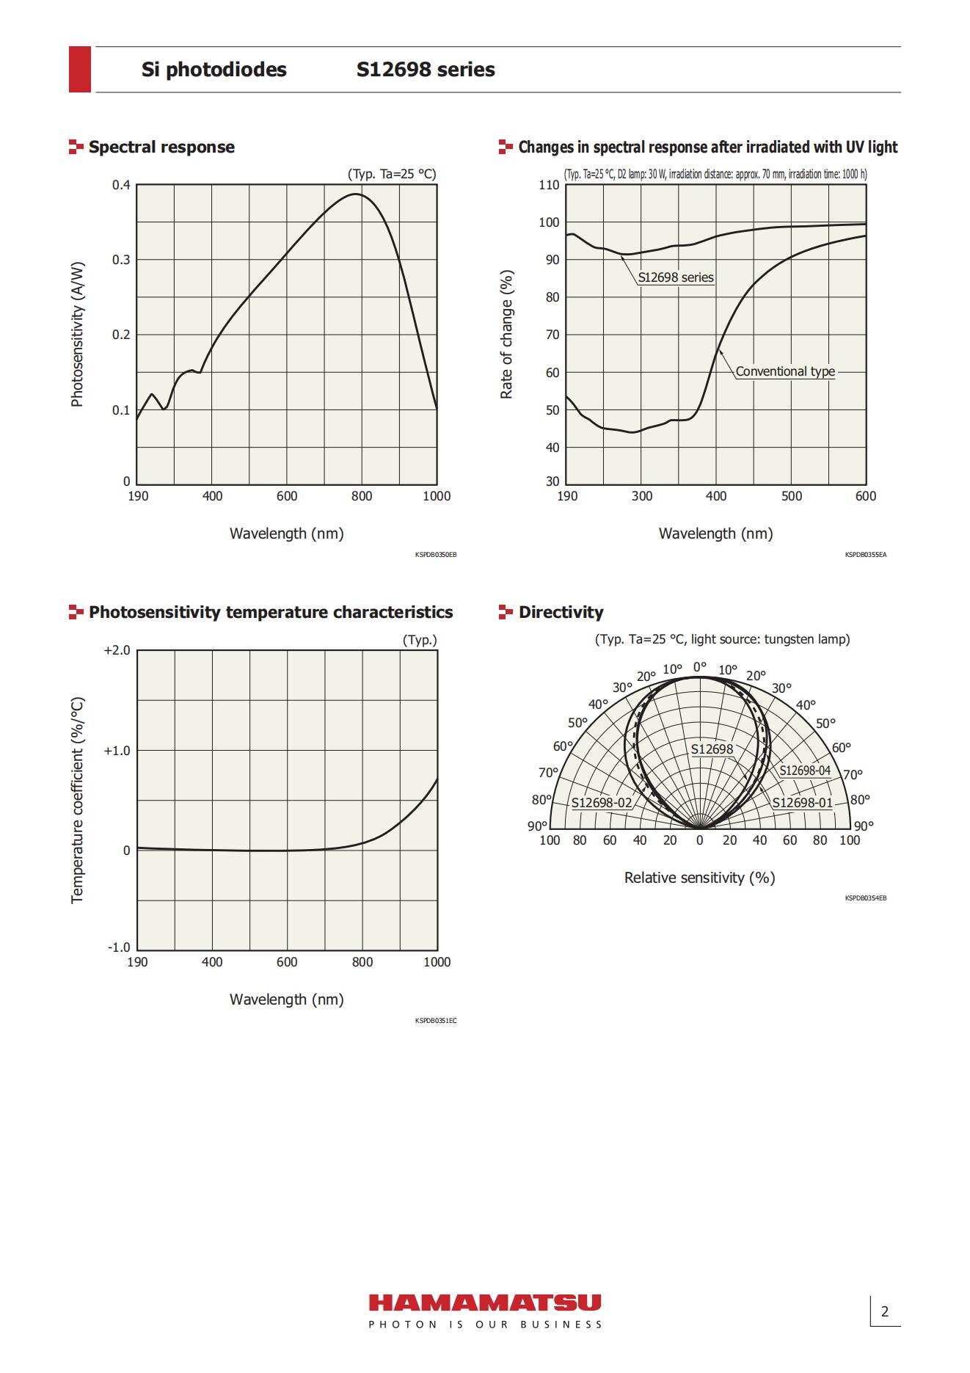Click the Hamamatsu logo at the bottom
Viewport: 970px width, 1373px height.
(x=484, y=1303)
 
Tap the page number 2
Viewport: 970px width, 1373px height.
(x=884, y=1311)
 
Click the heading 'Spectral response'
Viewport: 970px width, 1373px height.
(x=161, y=147)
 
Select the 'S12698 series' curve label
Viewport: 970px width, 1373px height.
(x=675, y=277)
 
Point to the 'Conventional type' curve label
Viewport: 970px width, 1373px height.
(x=785, y=371)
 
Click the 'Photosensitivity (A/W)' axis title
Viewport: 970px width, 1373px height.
(x=77, y=334)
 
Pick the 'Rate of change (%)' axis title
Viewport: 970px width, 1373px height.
(x=506, y=335)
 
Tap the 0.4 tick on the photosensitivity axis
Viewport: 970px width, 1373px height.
(x=121, y=185)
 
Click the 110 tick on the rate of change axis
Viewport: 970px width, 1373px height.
(x=549, y=185)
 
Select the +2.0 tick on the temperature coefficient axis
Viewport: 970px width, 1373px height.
(x=117, y=651)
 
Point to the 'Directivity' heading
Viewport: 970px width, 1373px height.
(x=561, y=612)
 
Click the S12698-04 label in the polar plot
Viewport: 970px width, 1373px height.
(x=805, y=771)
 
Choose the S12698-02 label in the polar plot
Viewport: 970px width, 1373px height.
(x=602, y=803)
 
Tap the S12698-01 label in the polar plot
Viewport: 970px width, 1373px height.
(x=802, y=803)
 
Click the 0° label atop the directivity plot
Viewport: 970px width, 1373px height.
(x=700, y=667)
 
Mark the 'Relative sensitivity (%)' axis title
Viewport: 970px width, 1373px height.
(x=699, y=878)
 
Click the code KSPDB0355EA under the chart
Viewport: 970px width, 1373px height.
(x=865, y=555)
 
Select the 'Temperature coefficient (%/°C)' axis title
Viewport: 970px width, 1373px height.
(x=77, y=800)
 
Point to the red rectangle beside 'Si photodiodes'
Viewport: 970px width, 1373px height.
(x=80, y=69)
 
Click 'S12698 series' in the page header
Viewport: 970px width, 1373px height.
(x=426, y=70)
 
